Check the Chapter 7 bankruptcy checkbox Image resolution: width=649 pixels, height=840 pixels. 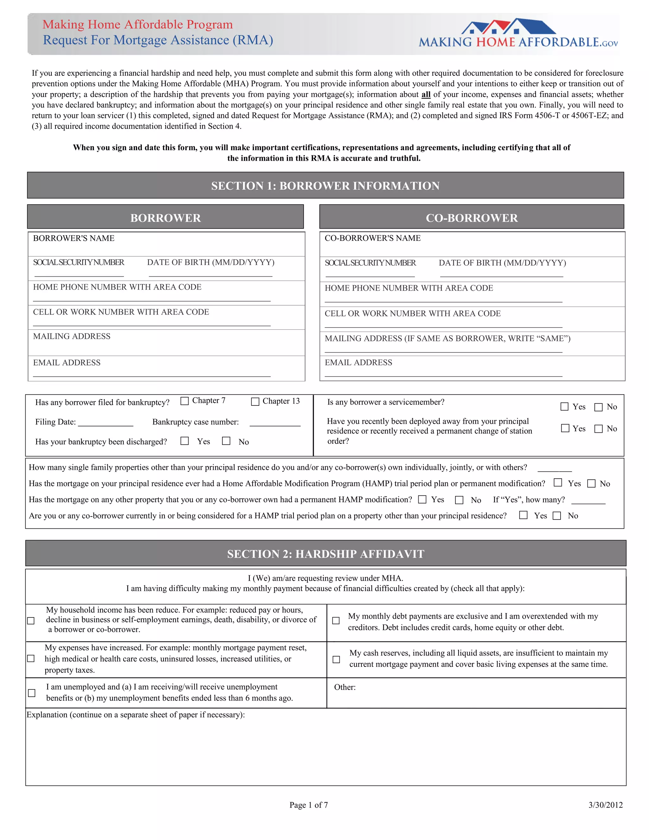(x=184, y=401)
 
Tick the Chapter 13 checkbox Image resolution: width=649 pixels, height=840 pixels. (x=255, y=402)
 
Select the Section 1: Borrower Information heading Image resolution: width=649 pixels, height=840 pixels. (x=325, y=186)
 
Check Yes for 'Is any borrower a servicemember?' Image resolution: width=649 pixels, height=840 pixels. (x=564, y=407)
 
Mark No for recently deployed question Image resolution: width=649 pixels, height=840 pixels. (x=598, y=429)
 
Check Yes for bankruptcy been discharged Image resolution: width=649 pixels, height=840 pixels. (x=184, y=441)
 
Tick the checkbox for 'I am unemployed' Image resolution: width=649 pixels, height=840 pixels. (x=32, y=693)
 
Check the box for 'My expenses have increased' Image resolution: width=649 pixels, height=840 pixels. (x=31, y=658)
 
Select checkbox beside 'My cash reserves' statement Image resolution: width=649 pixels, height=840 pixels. (x=336, y=659)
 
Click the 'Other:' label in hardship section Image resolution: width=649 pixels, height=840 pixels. (x=344, y=687)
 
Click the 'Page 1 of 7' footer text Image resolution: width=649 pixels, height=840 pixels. (x=308, y=805)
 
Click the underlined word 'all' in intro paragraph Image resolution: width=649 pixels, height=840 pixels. (x=426, y=94)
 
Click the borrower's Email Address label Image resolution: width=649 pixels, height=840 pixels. (x=67, y=363)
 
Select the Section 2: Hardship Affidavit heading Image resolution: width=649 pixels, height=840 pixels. (x=325, y=554)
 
